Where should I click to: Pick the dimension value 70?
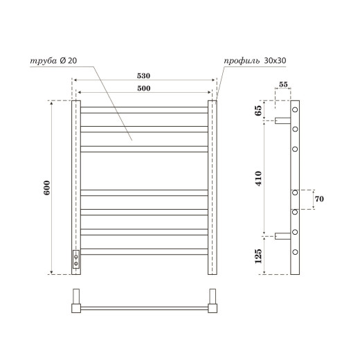pyautogui.click(x=318, y=199)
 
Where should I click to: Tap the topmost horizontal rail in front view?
pyautogui.click(x=143, y=109)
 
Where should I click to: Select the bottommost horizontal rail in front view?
pyautogui.click(x=143, y=250)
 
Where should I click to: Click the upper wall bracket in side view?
pyautogui.click(x=282, y=120)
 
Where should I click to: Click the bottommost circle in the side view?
pyautogui.click(x=295, y=251)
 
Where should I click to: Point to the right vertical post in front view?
pyautogui.click(x=213, y=187)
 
